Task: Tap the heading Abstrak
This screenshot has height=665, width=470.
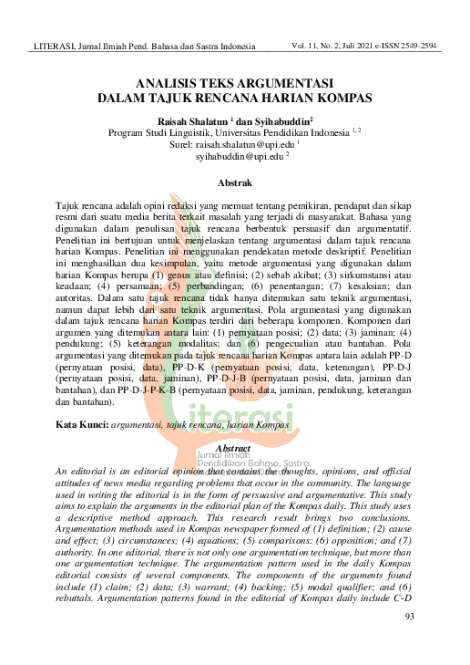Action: pos(235,182)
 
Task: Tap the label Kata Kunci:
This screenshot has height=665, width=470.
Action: pos(82,425)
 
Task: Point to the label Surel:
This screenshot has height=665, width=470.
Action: pos(184,144)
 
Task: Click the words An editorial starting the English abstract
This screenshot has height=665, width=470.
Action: pos(85,468)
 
